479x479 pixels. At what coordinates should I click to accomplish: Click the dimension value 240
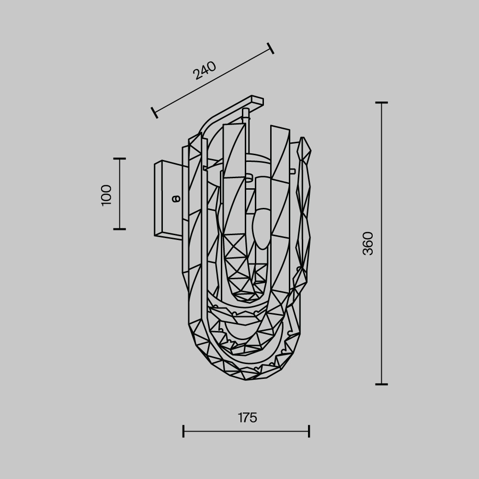point(205,70)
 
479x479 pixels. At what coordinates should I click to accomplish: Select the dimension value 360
point(368,243)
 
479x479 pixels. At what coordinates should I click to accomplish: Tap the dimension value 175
point(248,418)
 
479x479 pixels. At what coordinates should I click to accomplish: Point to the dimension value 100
point(106,194)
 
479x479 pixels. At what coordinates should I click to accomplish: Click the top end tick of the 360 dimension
point(381,103)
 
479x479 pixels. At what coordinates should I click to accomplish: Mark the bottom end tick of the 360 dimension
point(381,384)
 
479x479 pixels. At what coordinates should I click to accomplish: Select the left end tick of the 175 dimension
point(183,431)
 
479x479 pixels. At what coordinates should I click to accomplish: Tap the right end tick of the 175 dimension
point(309,431)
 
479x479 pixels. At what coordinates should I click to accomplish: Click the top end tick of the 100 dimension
point(119,159)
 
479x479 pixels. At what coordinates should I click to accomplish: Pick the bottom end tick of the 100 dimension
point(119,229)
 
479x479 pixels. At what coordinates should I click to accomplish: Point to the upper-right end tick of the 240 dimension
point(271,48)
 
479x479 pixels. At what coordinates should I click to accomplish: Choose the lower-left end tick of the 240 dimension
point(154,113)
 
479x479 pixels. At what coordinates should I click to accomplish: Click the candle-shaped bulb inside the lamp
point(262,228)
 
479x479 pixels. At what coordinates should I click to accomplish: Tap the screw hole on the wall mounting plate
point(175,197)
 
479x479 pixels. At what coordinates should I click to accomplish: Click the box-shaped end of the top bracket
point(257,101)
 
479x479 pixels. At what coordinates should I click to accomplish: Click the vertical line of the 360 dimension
point(381,287)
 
